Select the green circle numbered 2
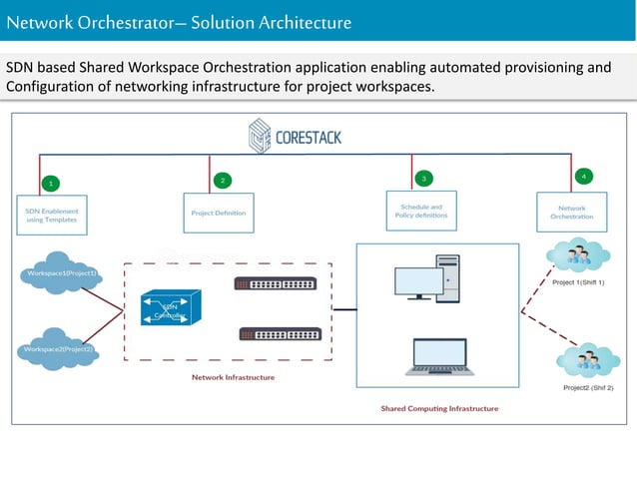pos(222,181)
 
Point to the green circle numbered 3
pos(423,178)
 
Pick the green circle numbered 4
pos(583,176)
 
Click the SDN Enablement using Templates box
pos(52,217)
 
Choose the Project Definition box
pos(218,213)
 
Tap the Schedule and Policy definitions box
pos(420,212)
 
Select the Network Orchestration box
pos(571,213)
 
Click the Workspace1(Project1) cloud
pos(62,274)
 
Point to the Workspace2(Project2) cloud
pos(58,349)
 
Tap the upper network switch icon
pos(276,283)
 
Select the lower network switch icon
pos(280,335)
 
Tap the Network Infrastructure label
pos(234,377)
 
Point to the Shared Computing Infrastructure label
pos(438,408)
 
